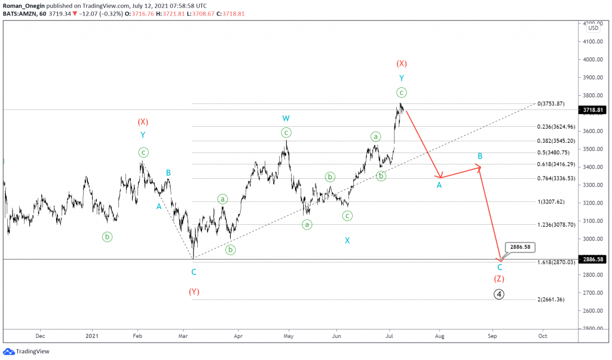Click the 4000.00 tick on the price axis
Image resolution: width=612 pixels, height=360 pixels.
[593, 60]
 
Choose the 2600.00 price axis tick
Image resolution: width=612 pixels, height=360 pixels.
[593, 311]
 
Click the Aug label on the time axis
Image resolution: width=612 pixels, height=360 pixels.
[439, 336]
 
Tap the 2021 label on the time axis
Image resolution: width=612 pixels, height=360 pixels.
[91, 336]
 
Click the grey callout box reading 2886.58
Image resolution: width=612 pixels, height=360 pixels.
[518, 246]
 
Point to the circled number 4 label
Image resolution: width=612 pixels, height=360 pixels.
[498, 294]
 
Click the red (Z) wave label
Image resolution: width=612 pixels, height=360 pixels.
[498, 279]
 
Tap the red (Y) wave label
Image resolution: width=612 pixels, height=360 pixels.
[194, 292]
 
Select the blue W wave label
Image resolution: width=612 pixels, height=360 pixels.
[286, 118]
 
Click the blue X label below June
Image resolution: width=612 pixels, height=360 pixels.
[347, 240]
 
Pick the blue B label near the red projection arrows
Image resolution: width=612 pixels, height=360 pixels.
[479, 156]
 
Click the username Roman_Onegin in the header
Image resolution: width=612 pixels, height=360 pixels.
[23, 5]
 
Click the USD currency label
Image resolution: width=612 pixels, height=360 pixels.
[593, 28]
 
